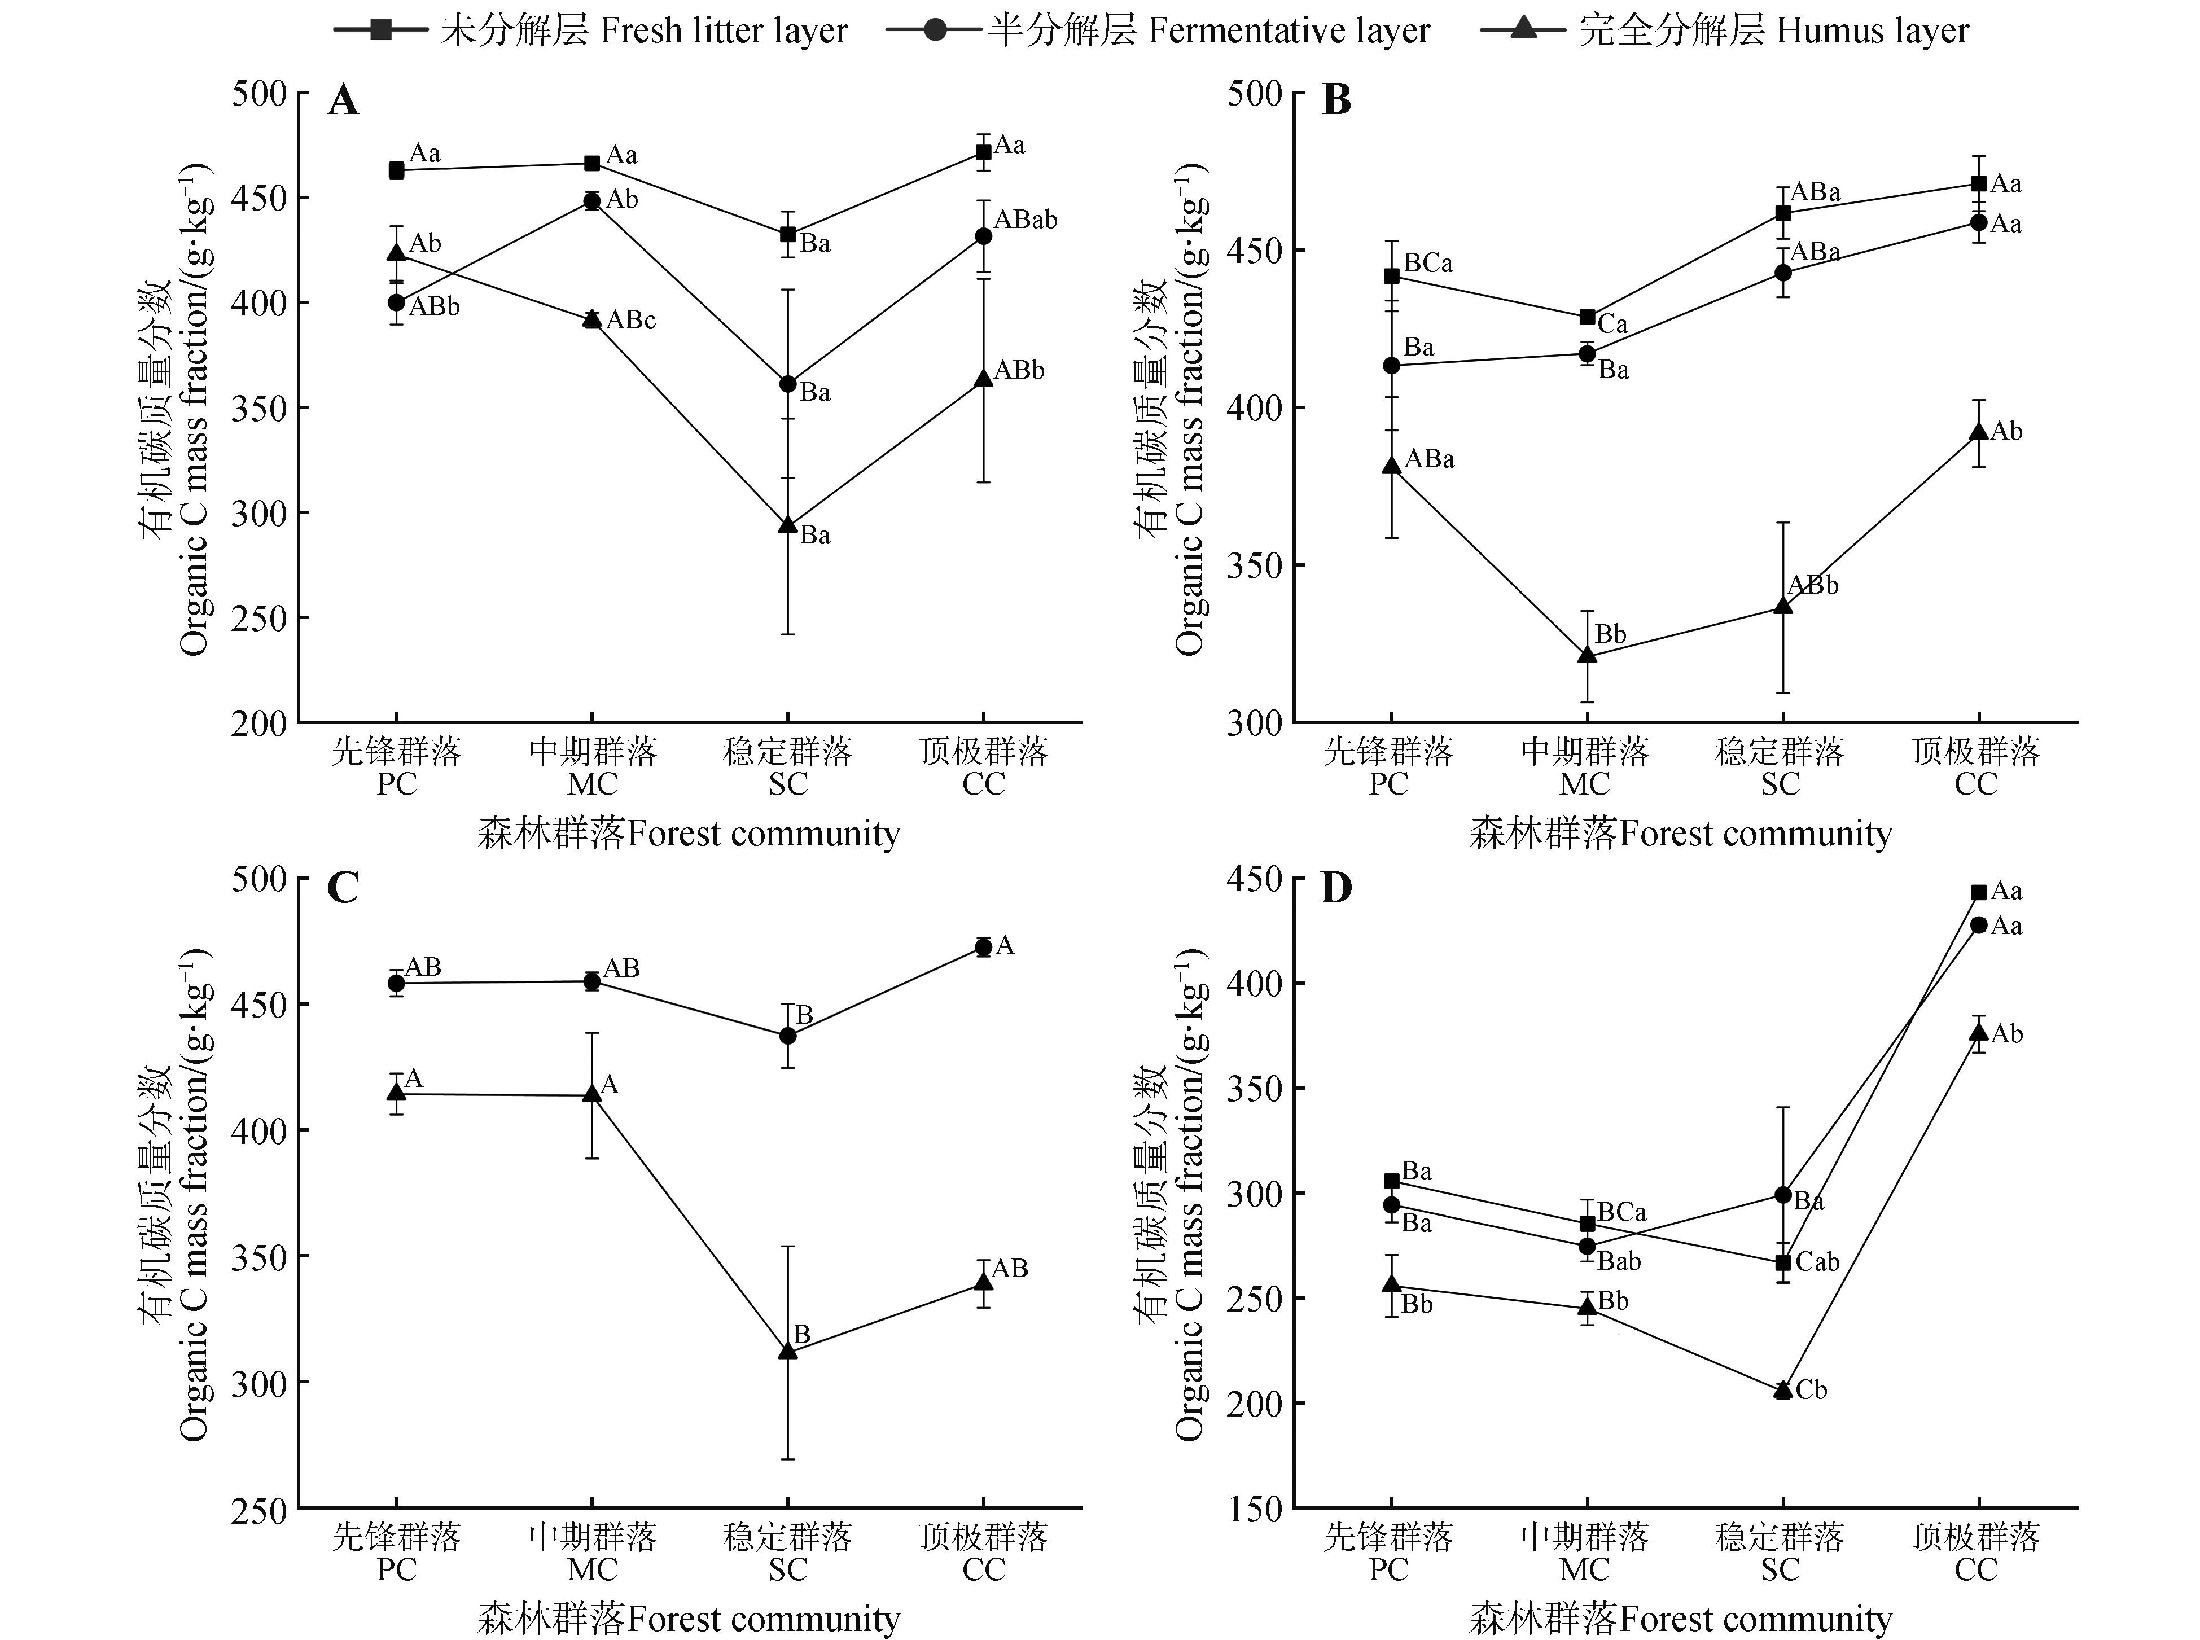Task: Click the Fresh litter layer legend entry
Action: click(x=591, y=31)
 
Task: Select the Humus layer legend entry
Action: click(x=1724, y=31)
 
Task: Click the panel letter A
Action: click(x=343, y=100)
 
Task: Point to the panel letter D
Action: click(x=1336, y=888)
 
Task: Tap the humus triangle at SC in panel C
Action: click(x=788, y=1351)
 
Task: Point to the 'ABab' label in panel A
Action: click(x=1026, y=220)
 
